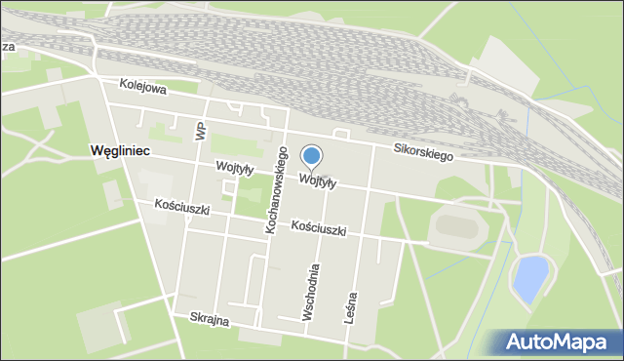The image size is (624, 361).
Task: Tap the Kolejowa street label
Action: click(x=144, y=88)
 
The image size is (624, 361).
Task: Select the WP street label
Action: click(x=200, y=130)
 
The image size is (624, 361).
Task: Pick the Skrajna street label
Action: click(x=209, y=319)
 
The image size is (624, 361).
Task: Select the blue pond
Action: click(x=528, y=280)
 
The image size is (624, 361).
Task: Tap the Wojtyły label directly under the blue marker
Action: click(x=319, y=181)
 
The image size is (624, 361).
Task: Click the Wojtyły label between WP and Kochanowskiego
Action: click(x=236, y=168)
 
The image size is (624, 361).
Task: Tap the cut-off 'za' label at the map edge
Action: click(x=7, y=46)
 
